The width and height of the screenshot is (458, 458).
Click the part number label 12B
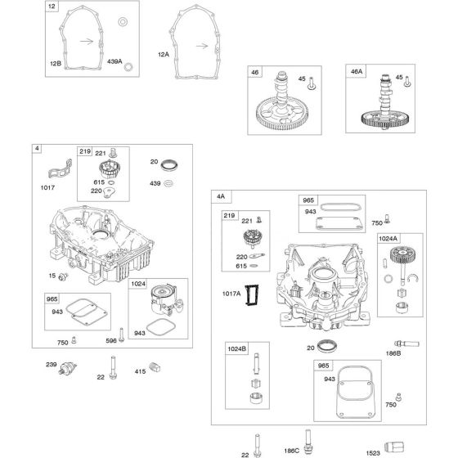56,64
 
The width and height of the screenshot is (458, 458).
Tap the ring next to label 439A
128,67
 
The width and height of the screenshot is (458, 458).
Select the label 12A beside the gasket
164,55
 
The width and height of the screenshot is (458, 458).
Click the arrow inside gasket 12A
202,46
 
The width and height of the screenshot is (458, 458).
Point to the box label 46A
357,72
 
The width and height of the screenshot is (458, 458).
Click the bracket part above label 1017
61,168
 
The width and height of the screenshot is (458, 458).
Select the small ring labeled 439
168,183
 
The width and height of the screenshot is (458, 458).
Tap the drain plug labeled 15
63,276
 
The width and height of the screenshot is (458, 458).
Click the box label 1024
138,284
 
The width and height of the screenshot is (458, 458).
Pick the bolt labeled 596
122,335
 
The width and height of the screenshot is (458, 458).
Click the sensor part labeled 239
67,368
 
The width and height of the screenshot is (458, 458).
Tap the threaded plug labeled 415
155,367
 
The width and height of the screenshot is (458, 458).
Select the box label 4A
221,196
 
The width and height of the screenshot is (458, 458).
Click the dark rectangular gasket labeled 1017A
252,295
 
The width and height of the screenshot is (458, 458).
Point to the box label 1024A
388,239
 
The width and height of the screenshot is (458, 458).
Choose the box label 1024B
236,348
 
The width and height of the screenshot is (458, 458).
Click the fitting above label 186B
406,343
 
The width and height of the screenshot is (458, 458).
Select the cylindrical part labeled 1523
394,447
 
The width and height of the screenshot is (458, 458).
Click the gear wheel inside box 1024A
402,254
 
